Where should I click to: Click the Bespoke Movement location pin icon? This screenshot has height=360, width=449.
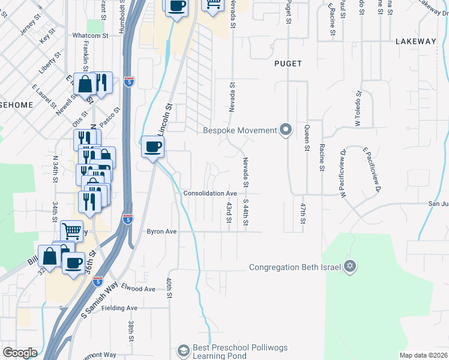(286, 130)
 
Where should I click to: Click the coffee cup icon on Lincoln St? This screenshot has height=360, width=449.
(152, 146)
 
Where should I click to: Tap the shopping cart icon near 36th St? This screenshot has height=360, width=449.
(71, 230)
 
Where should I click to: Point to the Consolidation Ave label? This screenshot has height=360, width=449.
(210, 194)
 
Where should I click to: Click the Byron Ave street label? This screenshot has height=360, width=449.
(162, 231)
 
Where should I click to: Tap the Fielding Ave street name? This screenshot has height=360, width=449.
(120, 308)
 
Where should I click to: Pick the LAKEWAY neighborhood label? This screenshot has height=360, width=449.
(415, 41)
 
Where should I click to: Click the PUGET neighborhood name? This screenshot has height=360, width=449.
(288, 63)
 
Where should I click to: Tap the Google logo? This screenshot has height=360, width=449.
(20, 352)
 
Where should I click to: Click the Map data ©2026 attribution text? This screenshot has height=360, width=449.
(423, 355)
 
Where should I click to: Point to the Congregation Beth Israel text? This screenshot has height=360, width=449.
(295, 268)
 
